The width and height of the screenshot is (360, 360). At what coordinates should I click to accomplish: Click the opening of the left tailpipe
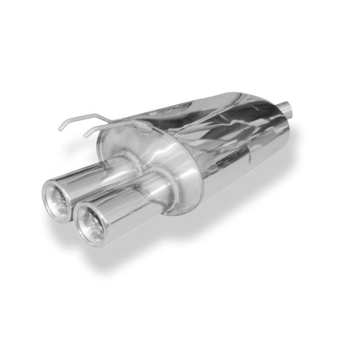click(59, 200)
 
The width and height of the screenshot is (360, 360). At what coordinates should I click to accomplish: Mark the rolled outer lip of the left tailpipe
click(46, 191)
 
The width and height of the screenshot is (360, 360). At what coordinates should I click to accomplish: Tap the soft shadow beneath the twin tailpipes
click(119, 247)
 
